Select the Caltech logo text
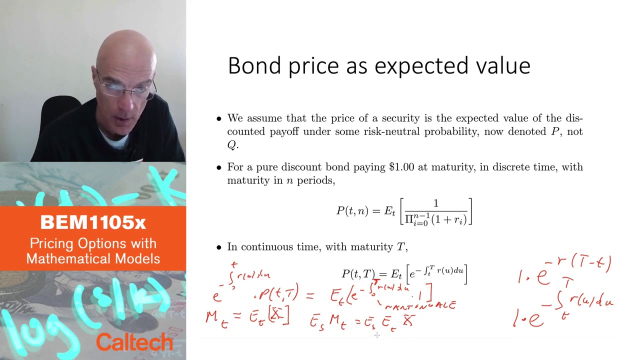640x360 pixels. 134,342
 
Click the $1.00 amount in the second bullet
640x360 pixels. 401,167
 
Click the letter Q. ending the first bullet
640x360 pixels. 232,145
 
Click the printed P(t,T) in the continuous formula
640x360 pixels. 358,273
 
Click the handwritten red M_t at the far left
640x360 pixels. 217,318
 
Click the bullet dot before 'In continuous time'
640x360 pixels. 218,247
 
